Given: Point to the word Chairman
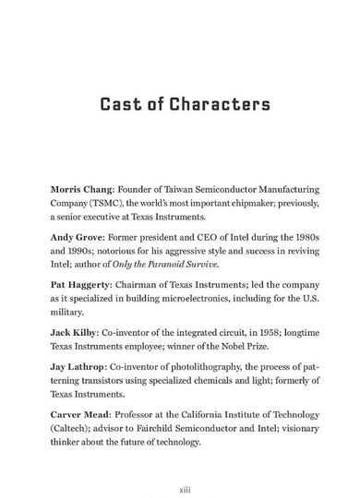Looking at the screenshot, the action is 141,286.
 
